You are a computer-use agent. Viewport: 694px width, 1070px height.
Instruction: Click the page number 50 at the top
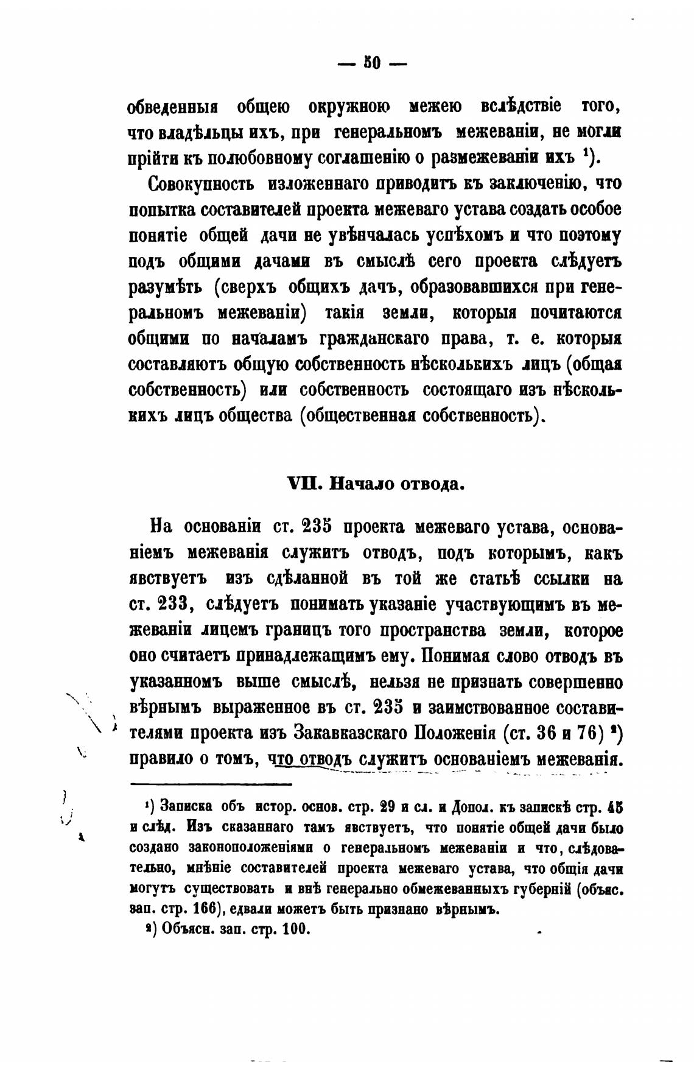(x=371, y=63)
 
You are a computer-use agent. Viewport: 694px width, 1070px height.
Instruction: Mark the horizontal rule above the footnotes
(x=211, y=784)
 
